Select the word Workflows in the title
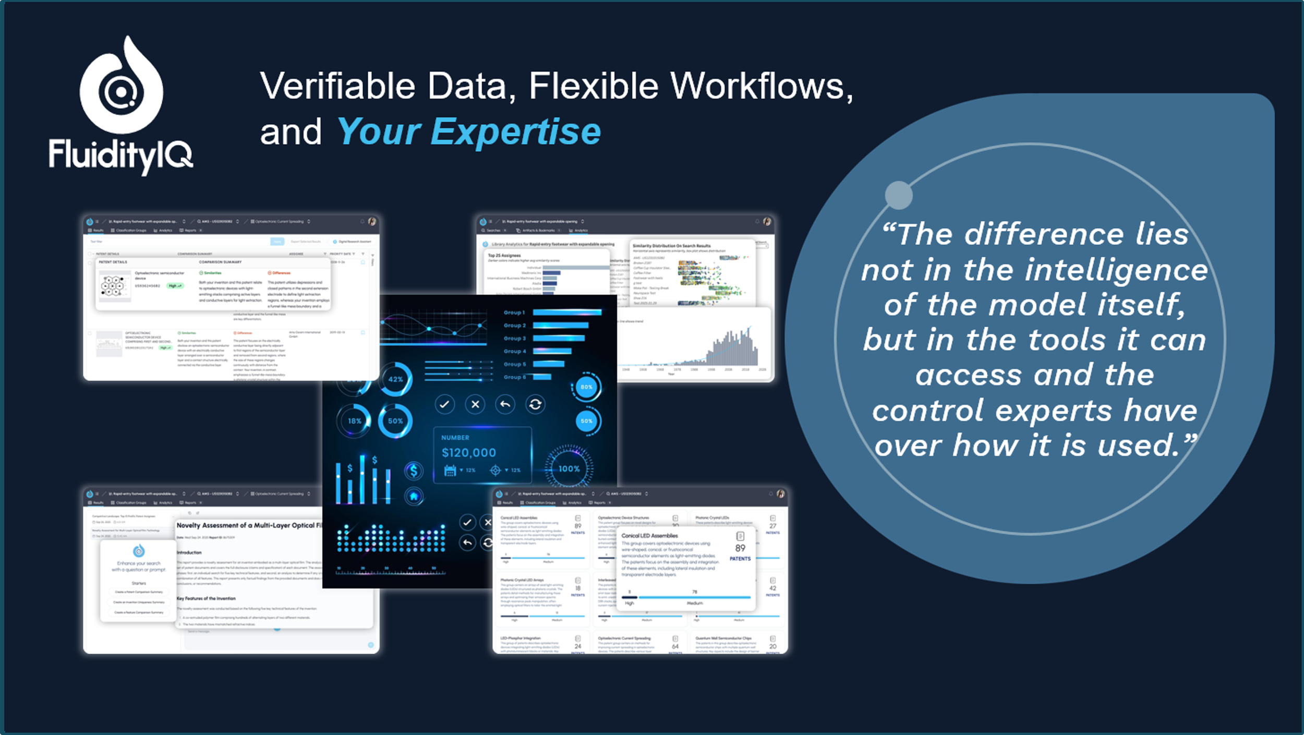point(757,86)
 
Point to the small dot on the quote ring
point(898,195)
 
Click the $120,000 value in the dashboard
point(468,453)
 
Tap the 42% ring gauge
point(396,379)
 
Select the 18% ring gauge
point(355,421)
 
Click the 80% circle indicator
point(586,387)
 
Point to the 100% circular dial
point(569,468)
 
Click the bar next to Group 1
point(566,312)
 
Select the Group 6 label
point(514,377)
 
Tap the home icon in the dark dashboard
point(414,496)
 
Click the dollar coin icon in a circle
point(414,471)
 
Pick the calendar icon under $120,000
point(450,471)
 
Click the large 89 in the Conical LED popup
point(740,548)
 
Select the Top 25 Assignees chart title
point(504,256)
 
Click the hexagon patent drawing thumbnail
point(114,286)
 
